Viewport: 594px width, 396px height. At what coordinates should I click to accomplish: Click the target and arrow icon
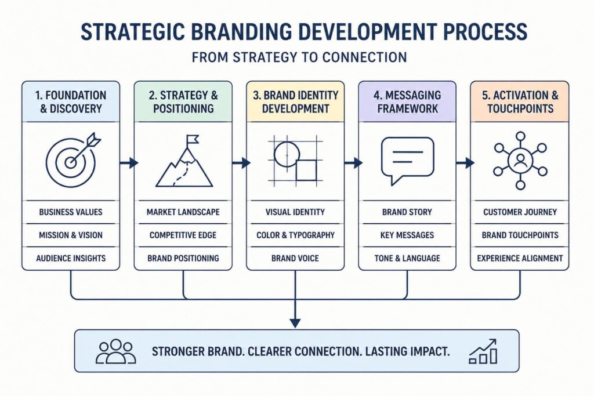click(x=71, y=161)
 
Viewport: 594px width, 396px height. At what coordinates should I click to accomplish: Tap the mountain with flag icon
click(x=184, y=161)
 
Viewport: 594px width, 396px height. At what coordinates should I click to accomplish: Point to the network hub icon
click(x=520, y=160)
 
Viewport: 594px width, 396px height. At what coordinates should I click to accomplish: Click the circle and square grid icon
click(x=295, y=161)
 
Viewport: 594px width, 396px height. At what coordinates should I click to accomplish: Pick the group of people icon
click(x=115, y=351)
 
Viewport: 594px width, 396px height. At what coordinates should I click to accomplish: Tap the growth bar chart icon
click(x=483, y=351)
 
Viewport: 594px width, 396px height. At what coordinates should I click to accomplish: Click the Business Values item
click(x=71, y=212)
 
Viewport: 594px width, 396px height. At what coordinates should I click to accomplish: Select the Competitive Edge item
click(x=183, y=235)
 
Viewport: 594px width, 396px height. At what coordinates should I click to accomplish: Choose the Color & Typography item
click(x=295, y=235)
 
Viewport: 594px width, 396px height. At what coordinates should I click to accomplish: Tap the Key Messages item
click(x=407, y=235)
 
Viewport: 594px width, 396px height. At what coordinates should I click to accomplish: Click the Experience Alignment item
click(x=520, y=258)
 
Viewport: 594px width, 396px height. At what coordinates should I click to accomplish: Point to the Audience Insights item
click(x=71, y=258)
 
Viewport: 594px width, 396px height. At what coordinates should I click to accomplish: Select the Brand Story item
click(x=407, y=212)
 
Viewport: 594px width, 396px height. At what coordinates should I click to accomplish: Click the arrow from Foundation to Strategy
click(x=129, y=163)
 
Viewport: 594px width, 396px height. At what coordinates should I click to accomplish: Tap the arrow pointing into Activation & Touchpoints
click(x=465, y=163)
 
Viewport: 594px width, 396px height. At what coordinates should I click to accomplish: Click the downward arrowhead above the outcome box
click(x=295, y=323)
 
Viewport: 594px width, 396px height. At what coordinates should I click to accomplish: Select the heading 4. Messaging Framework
click(x=407, y=102)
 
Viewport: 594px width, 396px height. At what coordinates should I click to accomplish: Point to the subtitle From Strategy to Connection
click(x=299, y=57)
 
